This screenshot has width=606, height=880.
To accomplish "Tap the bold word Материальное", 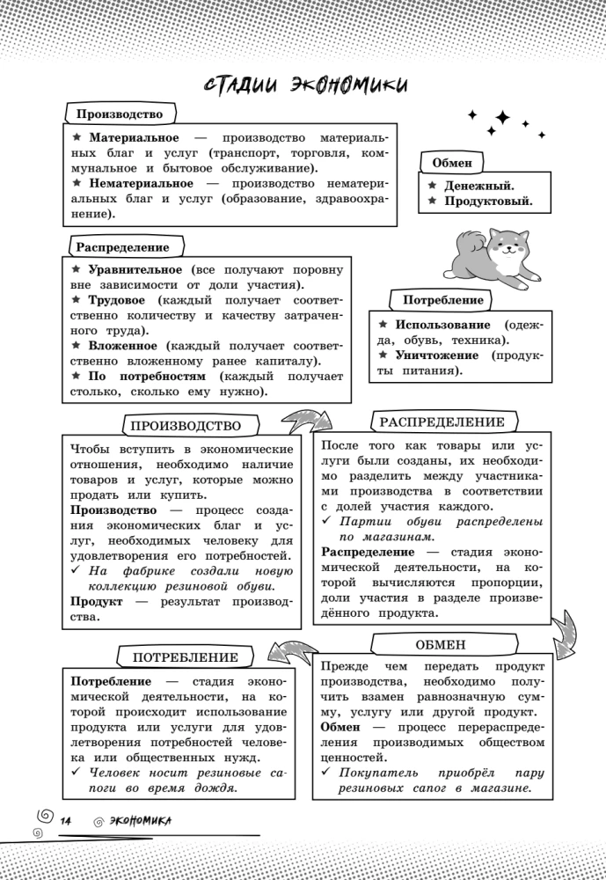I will click(x=133, y=138).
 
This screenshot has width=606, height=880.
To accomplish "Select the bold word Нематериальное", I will click(x=141, y=183).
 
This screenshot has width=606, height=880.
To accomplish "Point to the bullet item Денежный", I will click(x=479, y=186).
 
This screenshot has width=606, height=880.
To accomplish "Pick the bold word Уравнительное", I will click(x=135, y=269).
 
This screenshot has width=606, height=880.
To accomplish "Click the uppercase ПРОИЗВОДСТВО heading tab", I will click(x=186, y=426).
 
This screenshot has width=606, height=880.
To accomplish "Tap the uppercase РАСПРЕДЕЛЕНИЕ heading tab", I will click(x=442, y=422).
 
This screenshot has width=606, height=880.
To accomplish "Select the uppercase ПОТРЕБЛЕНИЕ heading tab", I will click(x=186, y=657).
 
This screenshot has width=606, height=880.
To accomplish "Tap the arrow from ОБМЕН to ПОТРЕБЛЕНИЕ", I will click(x=293, y=652).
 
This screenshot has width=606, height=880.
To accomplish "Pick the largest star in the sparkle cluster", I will click(x=502, y=118).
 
